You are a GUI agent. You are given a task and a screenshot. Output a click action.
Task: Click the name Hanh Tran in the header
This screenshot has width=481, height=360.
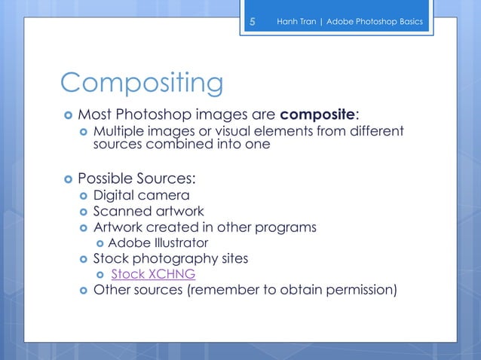[296, 22]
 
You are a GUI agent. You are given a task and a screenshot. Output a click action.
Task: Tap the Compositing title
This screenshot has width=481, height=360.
[142, 84]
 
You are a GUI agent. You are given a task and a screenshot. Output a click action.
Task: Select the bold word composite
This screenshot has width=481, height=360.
[317, 114]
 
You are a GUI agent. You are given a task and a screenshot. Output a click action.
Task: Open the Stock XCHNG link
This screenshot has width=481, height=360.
[153, 274]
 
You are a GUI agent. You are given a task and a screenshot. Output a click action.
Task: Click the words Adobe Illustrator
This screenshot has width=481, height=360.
[158, 243]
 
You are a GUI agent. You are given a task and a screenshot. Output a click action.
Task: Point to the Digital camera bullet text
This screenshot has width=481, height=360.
[141, 196]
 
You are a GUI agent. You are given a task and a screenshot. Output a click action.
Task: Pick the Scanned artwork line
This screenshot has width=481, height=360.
[149, 212]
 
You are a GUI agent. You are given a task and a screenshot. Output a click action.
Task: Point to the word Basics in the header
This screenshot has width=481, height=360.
[412, 22]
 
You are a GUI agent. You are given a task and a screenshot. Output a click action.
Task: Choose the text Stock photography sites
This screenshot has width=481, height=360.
[170, 258]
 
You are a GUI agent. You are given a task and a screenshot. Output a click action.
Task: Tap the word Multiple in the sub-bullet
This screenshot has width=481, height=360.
[117, 133]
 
